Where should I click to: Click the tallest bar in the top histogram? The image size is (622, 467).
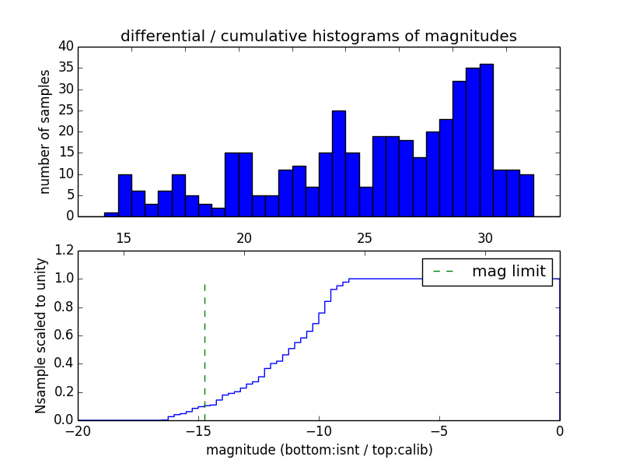487,140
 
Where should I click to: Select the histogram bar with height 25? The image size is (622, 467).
339,163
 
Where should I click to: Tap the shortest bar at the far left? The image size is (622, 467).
111,214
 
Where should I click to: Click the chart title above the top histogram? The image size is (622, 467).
319,36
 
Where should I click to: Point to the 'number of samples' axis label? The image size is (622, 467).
45,132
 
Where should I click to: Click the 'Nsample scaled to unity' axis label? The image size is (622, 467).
40,336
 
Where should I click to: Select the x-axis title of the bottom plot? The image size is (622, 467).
319,450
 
